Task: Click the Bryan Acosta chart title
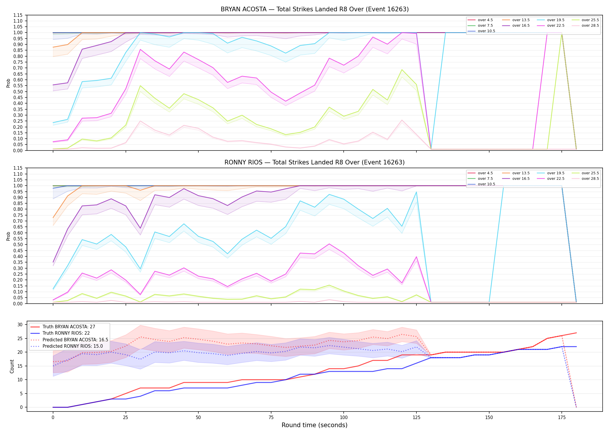[315, 9]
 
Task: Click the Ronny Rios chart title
[315, 162]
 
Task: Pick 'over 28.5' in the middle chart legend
[590, 179]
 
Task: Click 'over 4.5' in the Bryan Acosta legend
[485, 20]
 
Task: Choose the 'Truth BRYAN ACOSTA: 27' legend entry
[69, 327]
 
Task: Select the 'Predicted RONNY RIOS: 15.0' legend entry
[72, 346]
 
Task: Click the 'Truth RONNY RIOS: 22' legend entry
[66, 333]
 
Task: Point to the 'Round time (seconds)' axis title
[314, 425]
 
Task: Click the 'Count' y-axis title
[12, 366]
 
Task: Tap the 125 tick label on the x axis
[416, 418]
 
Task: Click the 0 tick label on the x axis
[53, 418]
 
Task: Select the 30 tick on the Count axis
[20, 325]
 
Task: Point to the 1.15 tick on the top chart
[17, 15]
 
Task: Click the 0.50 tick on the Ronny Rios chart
[17, 245]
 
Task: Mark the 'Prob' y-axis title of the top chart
[8, 83]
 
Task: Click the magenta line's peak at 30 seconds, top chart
[140, 49]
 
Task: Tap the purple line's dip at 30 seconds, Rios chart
[140, 228]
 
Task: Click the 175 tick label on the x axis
[562, 418]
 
